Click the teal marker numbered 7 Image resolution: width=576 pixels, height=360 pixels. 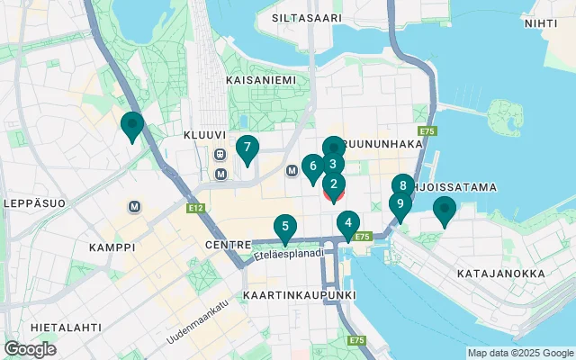tap(247, 148)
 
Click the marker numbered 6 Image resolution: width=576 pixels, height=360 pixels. tap(312, 166)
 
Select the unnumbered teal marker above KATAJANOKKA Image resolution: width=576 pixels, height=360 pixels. tap(444, 211)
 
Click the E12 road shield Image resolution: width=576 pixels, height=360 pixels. tap(196, 209)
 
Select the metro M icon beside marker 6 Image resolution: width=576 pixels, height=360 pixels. tap(292, 171)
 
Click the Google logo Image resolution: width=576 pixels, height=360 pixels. tap(30, 348)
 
